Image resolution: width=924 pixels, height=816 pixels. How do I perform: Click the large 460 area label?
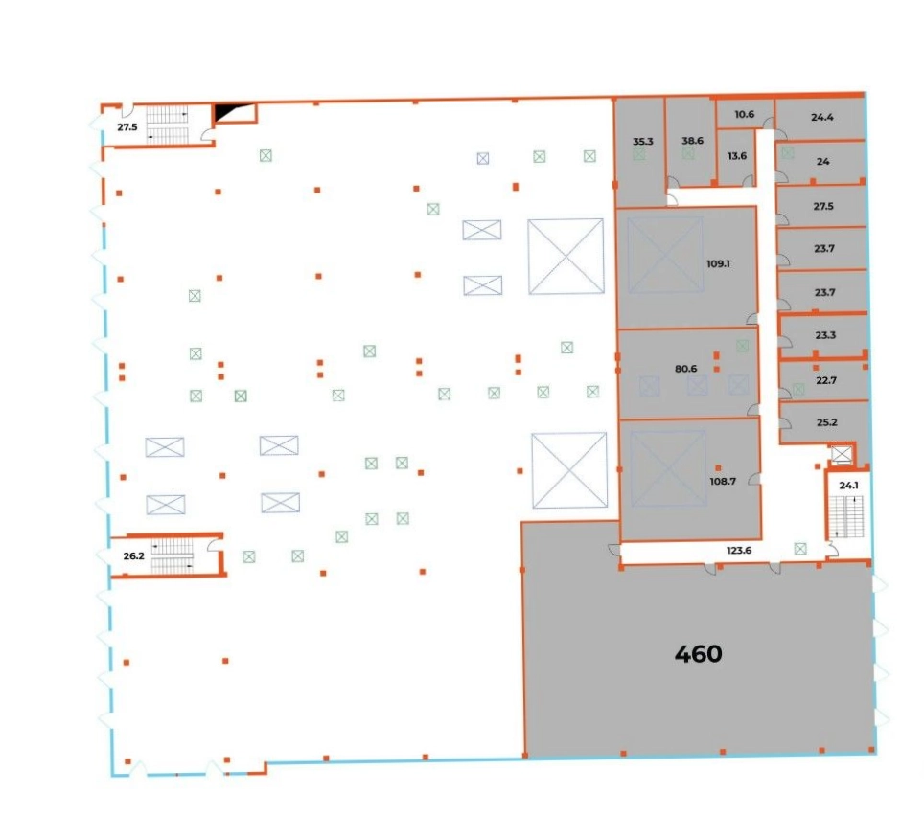(x=699, y=653)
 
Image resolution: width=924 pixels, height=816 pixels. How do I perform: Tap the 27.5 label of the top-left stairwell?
(x=127, y=126)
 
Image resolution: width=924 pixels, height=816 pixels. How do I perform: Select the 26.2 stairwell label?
(x=134, y=555)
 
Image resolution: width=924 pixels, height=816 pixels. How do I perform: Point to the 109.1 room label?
(x=718, y=263)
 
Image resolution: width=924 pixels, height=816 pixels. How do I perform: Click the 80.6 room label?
(x=686, y=369)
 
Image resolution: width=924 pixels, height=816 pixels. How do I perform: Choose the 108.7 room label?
(x=723, y=481)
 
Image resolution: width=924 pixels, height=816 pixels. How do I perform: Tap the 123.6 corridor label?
(x=739, y=551)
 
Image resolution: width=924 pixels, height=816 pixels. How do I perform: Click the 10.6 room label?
(x=744, y=114)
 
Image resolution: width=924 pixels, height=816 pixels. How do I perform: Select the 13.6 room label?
(x=737, y=156)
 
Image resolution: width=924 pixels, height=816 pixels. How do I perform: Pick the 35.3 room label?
(x=643, y=142)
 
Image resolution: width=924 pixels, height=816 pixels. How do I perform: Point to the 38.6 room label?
(x=692, y=141)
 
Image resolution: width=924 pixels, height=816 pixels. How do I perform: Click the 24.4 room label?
(x=822, y=117)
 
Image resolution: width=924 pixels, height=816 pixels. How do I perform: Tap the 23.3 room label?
(x=825, y=335)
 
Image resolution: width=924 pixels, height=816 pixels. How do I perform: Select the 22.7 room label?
(x=826, y=380)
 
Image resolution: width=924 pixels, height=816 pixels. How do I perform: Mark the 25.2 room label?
(x=827, y=422)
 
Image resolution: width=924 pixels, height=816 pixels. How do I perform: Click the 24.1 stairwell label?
(x=848, y=486)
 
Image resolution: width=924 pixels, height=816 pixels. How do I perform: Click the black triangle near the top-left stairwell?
(x=225, y=111)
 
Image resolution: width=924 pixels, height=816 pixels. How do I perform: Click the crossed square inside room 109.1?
(x=665, y=255)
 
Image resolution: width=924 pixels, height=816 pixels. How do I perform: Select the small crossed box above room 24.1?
(x=842, y=454)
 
